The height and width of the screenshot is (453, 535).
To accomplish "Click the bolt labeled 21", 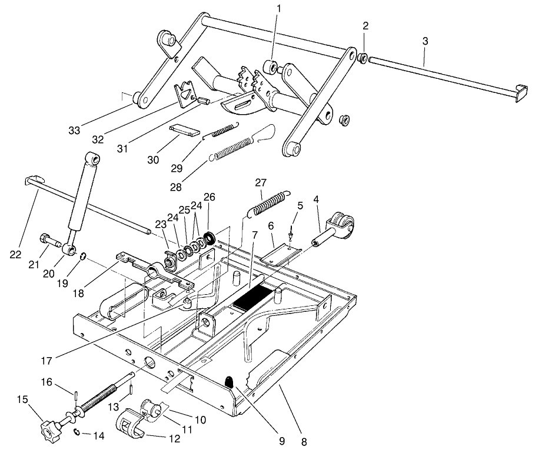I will (x=48, y=240).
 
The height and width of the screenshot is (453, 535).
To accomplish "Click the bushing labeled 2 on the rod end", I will (x=364, y=58).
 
